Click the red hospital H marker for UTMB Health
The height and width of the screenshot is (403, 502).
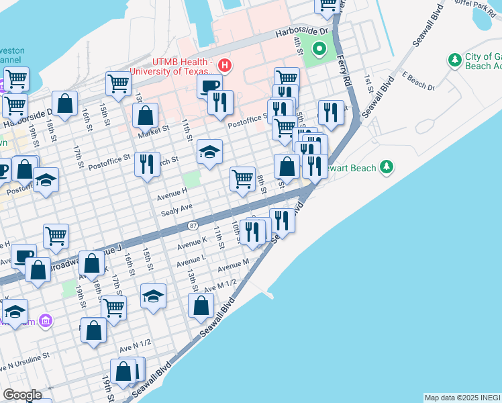225,65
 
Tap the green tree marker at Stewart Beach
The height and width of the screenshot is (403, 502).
386,166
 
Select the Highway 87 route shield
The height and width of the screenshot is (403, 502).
193,226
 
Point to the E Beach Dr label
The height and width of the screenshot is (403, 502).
419,81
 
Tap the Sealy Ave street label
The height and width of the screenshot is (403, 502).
177,211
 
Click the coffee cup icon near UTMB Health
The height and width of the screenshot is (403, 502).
209,86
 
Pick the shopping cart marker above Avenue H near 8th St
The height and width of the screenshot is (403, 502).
242,179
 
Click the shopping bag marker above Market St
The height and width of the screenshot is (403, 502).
145,115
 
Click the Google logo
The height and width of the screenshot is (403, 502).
22,395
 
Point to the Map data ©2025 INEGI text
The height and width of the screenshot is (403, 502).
462,398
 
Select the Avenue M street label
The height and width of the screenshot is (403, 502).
233,263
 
